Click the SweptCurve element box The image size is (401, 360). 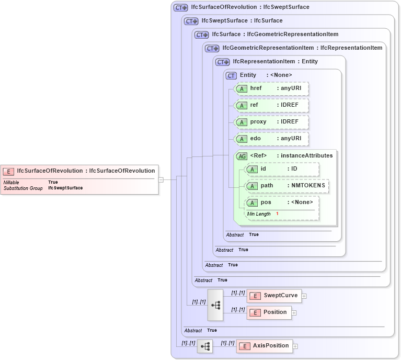(273, 296)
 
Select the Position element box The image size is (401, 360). (269, 312)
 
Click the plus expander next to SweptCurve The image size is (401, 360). (304, 296)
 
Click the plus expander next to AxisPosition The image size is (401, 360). (295, 346)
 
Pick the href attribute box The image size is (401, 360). (271, 88)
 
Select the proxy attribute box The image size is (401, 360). (271, 122)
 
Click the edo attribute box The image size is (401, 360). (271, 139)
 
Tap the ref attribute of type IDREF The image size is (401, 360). (271, 105)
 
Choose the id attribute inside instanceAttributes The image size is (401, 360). (282, 169)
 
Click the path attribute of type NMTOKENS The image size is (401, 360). (287, 186)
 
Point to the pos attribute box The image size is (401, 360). (282, 203)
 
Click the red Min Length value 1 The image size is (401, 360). (277, 214)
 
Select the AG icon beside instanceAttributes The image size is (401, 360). (242, 156)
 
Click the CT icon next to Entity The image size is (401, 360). (231, 75)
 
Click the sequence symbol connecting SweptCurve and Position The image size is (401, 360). (215, 305)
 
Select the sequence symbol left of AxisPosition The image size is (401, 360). (205, 346)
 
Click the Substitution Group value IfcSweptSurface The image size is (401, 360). (65, 188)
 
